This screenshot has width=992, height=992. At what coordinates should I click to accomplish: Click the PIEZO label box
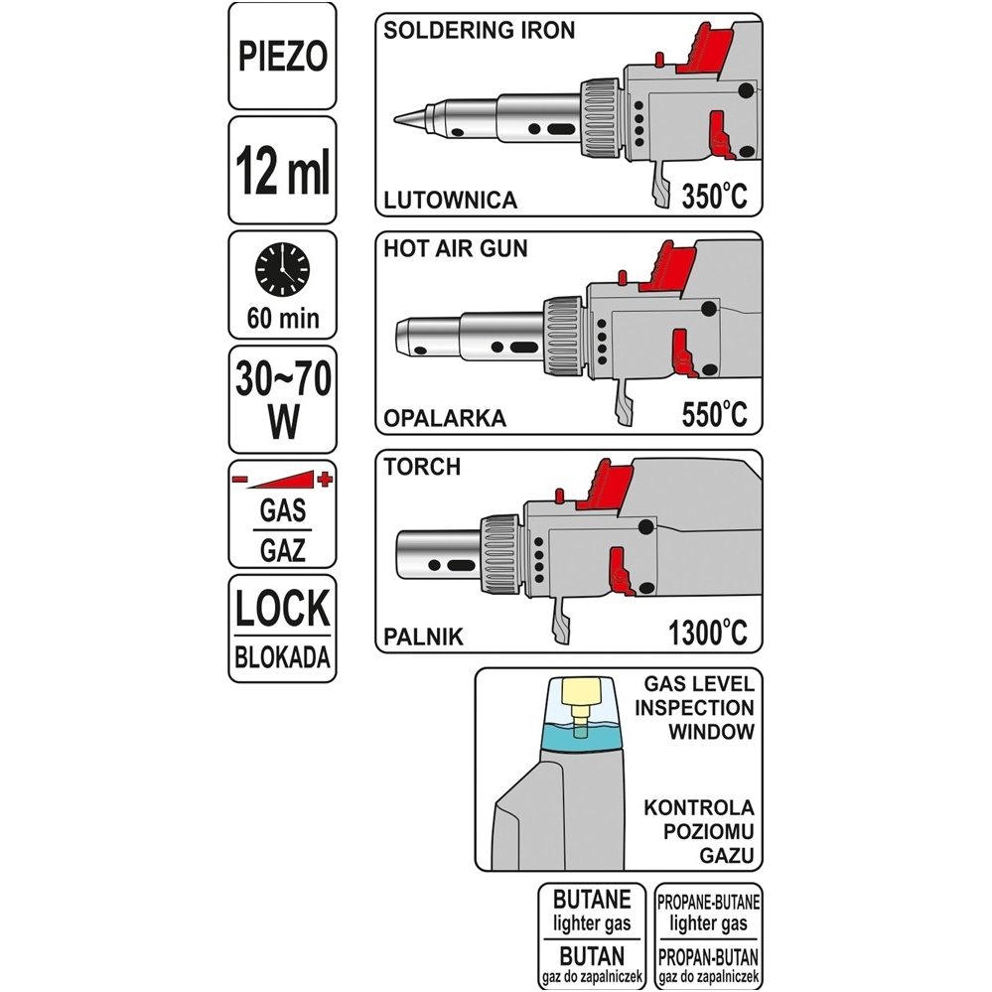pyautogui.click(x=282, y=56)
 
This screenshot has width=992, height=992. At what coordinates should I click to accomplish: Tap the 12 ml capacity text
pyautogui.click(x=282, y=170)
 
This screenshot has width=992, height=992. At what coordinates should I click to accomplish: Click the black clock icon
pyautogui.click(x=282, y=269)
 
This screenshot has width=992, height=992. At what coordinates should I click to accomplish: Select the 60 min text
pyautogui.click(x=283, y=318)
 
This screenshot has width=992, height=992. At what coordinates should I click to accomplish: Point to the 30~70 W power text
pyautogui.click(x=283, y=400)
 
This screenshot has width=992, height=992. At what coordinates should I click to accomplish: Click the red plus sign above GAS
pyautogui.click(x=325, y=479)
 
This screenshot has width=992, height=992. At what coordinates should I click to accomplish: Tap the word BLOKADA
pyautogui.click(x=282, y=658)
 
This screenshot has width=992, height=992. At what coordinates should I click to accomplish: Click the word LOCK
pyautogui.click(x=282, y=609)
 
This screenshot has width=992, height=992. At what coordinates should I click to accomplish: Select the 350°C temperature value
pyautogui.click(x=714, y=196)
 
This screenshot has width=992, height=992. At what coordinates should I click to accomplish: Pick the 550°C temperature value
pyautogui.click(x=714, y=414)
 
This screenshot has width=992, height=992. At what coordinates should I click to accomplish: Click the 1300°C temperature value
pyautogui.click(x=708, y=632)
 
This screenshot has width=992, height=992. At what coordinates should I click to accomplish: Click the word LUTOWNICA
pyautogui.click(x=451, y=200)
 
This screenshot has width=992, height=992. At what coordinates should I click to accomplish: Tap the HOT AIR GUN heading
pyautogui.click(x=456, y=248)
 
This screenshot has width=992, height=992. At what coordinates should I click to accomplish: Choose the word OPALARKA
pyautogui.click(x=445, y=418)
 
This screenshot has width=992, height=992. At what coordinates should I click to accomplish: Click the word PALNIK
pyautogui.click(x=424, y=637)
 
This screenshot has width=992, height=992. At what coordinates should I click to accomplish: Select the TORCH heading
pyautogui.click(x=422, y=467)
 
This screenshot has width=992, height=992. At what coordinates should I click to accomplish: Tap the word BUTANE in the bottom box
pyautogui.click(x=592, y=900)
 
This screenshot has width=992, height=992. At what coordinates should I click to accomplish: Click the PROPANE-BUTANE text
pyautogui.click(x=709, y=902)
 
